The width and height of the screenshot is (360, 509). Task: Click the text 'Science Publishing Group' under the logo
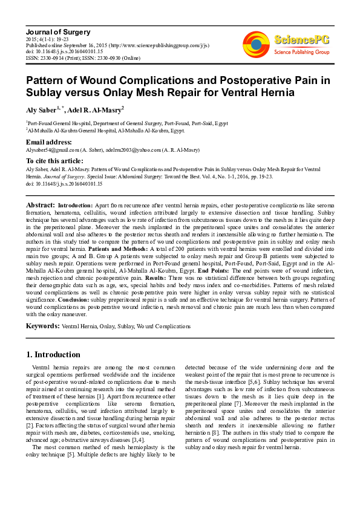301,53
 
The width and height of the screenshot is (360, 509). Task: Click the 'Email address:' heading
50,142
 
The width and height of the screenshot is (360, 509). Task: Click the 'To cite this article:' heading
54,161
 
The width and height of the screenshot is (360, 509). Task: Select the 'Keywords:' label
42,326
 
